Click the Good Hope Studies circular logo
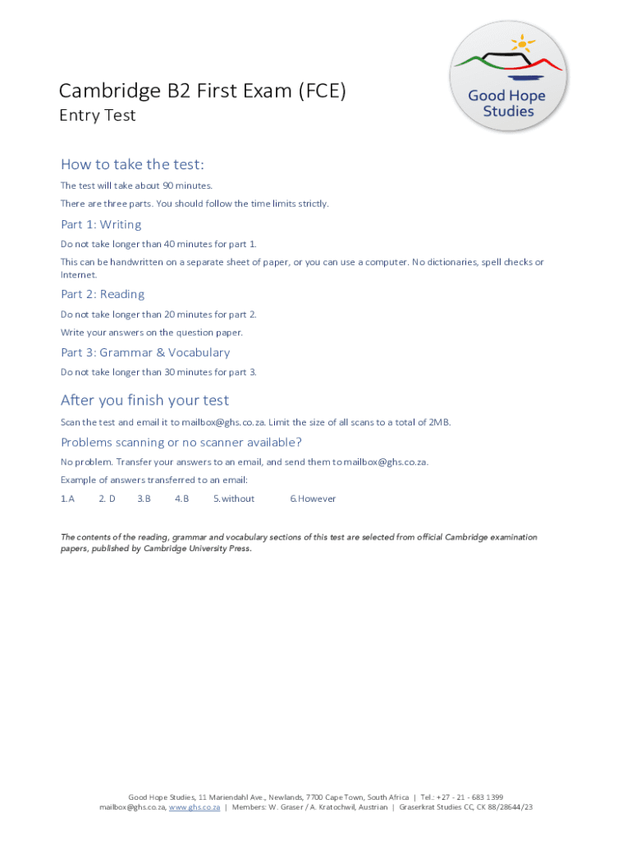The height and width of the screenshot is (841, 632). click(508, 76)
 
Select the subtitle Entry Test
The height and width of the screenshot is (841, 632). click(97, 116)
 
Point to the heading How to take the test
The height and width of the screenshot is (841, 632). click(131, 164)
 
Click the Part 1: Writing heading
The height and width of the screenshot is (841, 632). click(101, 225)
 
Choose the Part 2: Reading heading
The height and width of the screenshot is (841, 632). click(103, 295)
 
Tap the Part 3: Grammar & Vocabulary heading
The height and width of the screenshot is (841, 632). click(145, 353)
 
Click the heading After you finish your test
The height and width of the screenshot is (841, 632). click(144, 401)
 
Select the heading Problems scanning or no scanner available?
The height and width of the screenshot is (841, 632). click(181, 443)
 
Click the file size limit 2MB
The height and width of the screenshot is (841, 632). click(439, 422)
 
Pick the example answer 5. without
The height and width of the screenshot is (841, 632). click(234, 499)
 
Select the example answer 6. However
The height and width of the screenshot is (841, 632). click(313, 499)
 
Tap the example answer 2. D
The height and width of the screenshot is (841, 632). click(107, 499)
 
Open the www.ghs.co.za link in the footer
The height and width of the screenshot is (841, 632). click(195, 807)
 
